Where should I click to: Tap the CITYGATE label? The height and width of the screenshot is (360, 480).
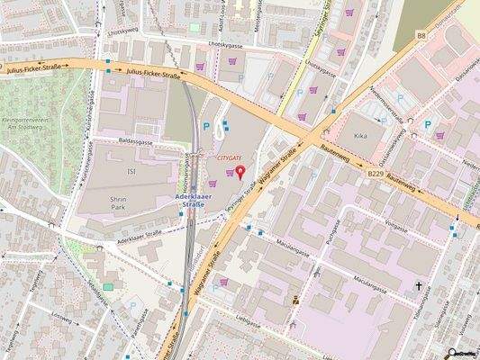pos(231,157)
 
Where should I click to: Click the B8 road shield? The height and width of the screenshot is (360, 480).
pos(421,34)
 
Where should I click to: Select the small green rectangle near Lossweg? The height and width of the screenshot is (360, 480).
pos(109,286)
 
